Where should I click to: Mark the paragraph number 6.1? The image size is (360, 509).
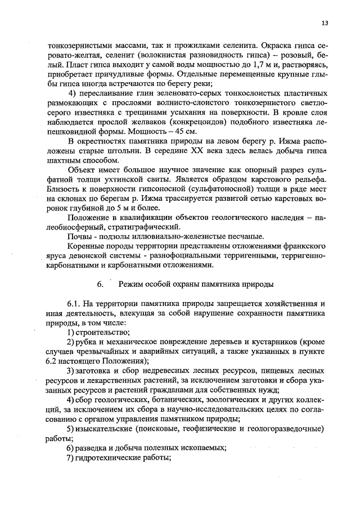(x=74, y=304)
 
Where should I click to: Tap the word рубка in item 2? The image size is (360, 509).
(x=87, y=342)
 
